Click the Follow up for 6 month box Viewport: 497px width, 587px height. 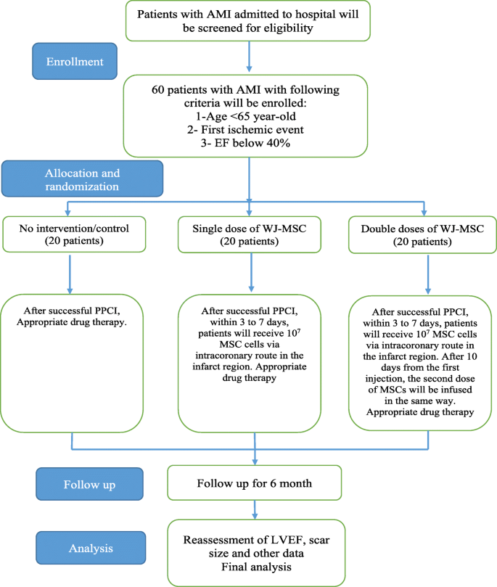254,481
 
